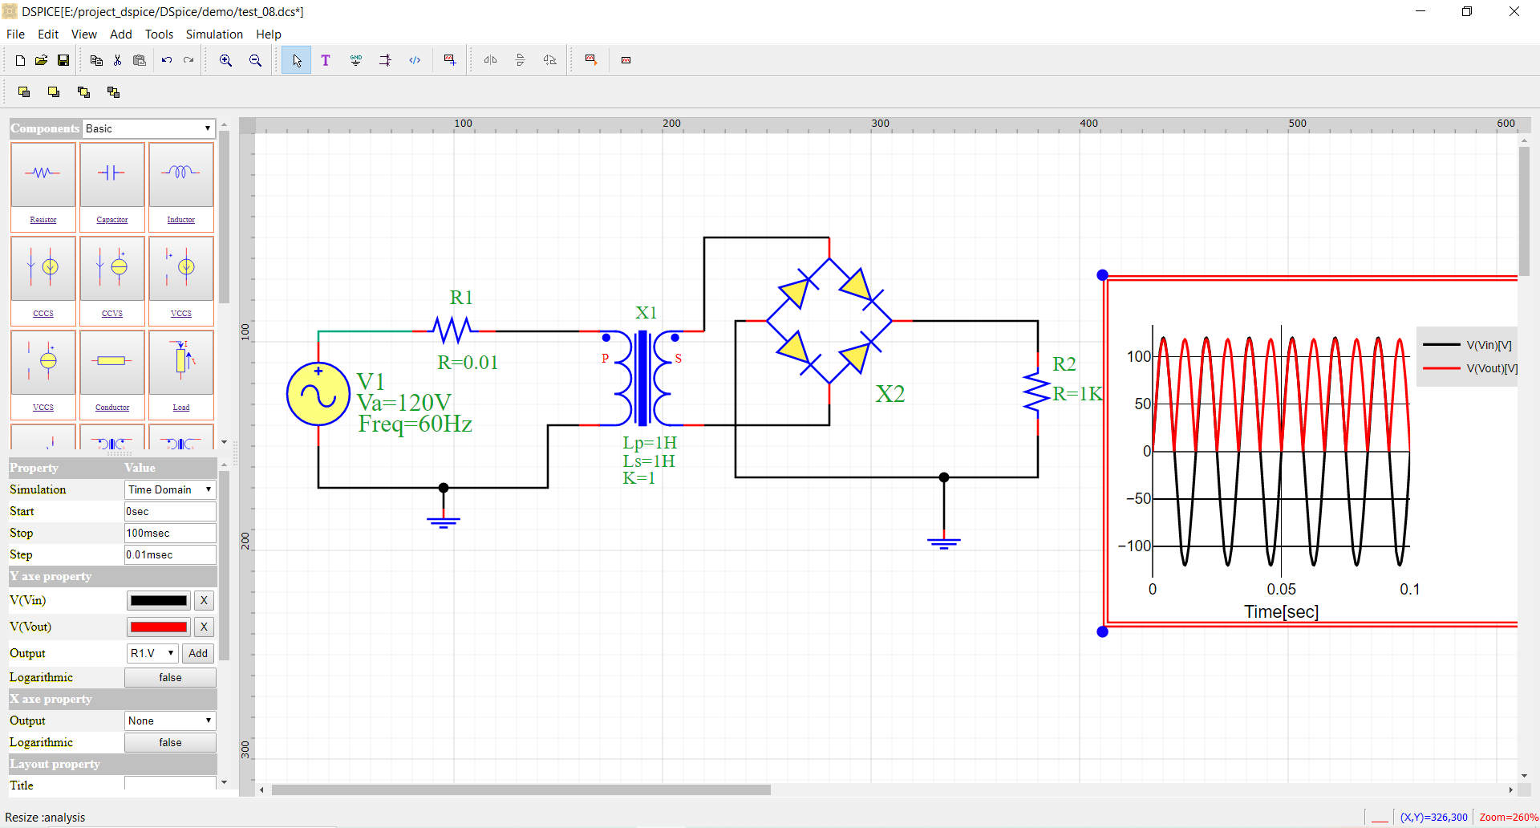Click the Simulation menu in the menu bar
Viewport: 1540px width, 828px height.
[213, 34]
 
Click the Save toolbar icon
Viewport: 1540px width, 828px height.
[63, 60]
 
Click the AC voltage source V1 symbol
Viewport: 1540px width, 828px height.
[318, 394]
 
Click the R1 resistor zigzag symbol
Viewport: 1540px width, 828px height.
[453, 330]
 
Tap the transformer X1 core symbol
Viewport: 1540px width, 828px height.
[642, 378]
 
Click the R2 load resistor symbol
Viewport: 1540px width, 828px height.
[1037, 392]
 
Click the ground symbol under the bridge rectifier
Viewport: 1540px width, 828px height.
[944, 543]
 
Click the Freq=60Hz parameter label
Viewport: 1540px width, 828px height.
[415, 424]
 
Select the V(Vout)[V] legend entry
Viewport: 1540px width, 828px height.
[1491, 368]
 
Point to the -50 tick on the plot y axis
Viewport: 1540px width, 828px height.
[1139, 498]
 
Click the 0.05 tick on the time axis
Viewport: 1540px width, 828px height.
[1281, 589]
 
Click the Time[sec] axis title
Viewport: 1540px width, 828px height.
[1281, 612]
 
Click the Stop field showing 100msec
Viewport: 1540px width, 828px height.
[169, 533]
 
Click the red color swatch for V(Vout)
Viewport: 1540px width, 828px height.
[159, 627]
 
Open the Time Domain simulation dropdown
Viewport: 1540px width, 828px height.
[170, 489]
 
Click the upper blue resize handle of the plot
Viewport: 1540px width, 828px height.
[1103, 275]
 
